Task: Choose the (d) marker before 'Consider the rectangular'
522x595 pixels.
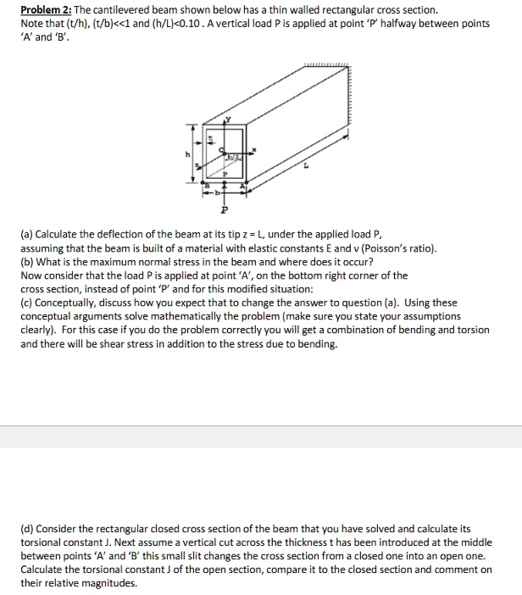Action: pyautogui.click(x=28, y=529)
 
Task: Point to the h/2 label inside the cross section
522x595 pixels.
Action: pyautogui.click(x=232, y=158)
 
